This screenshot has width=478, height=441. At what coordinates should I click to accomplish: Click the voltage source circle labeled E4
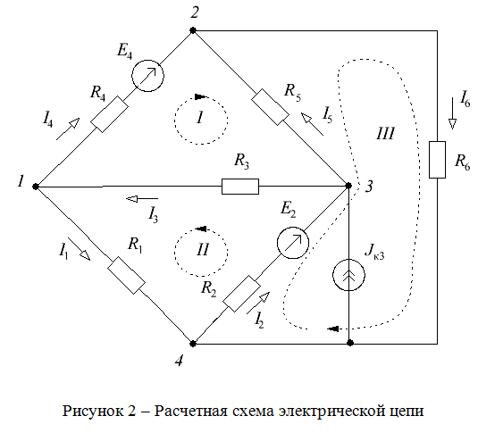(x=147, y=76)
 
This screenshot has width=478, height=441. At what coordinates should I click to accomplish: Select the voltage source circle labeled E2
(x=293, y=243)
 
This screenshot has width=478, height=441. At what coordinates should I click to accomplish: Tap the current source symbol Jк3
(x=348, y=275)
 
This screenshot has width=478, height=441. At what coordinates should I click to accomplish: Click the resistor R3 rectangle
(x=240, y=187)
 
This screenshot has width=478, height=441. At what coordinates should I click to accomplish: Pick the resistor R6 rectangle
(x=437, y=160)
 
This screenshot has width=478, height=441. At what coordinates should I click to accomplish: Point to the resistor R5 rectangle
(x=271, y=107)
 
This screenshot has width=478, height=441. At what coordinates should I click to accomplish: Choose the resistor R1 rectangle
(x=126, y=275)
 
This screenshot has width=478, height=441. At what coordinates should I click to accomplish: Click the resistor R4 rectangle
(x=109, y=114)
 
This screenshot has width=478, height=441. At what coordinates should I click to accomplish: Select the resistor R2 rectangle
(x=241, y=294)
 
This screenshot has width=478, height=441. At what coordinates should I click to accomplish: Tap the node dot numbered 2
(x=193, y=30)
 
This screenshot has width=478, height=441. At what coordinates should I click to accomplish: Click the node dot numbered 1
(x=36, y=187)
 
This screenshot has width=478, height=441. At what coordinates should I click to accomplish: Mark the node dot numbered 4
(x=193, y=344)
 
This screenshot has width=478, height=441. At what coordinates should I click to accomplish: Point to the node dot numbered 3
(x=348, y=185)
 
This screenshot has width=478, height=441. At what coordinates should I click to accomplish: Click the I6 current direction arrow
(x=452, y=113)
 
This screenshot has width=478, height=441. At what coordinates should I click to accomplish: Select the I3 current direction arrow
(x=142, y=199)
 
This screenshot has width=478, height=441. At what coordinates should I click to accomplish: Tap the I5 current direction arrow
(x=312, y=124)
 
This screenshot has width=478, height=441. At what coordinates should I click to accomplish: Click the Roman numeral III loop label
(x=386, y=133)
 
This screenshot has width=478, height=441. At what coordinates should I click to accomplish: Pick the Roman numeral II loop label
(x=203, y=249)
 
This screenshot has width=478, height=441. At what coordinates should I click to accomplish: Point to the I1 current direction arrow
(x=79, y=249)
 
